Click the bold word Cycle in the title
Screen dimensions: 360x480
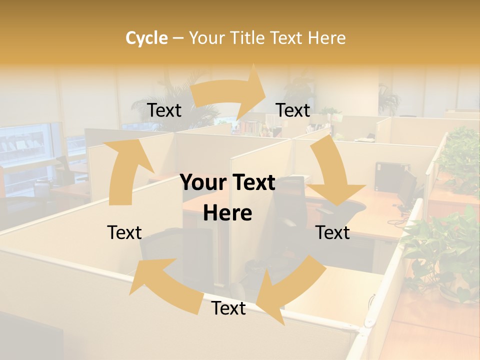[x=146, y=38]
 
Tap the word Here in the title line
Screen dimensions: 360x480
[x=327, y=38]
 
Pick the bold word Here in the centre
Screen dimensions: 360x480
[x=227, y=213]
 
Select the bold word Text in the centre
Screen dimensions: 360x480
[x=252, y=183]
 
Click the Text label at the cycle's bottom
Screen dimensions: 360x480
[x=228, y=308]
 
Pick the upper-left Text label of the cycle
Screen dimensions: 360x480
[x=164, y=110]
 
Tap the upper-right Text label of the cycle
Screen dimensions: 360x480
[x=293, y=110]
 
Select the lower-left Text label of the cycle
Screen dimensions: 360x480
[x=124, y=232]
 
